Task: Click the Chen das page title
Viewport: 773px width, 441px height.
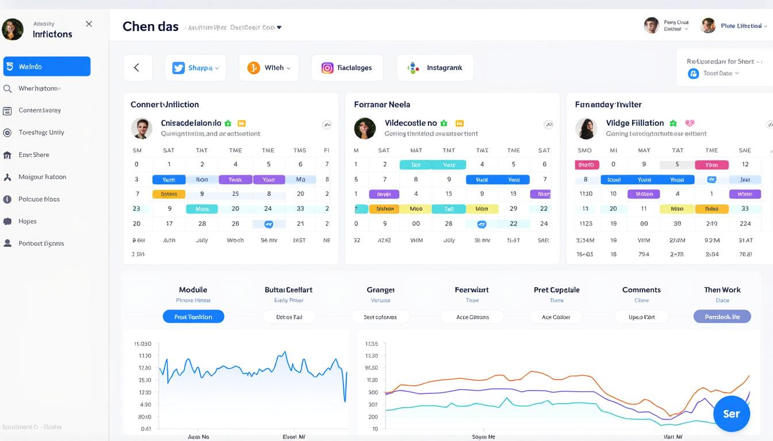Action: pyautogui.click(x=151, y=26)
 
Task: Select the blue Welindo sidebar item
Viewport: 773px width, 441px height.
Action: pyautogui.click(x=47, y=67)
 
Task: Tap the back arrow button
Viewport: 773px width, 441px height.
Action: pyautogui.click(x=137, y=68)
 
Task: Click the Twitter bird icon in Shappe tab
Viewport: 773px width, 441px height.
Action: pyautogui.click(x=178, y=68)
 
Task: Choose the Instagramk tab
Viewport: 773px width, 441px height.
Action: pyautogui.click(x=435, y=68)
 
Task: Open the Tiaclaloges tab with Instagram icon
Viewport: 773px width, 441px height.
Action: pyautogui.click(x=347, y=68)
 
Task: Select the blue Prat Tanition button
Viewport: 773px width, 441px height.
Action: pyautogui.click(x=193, y=316)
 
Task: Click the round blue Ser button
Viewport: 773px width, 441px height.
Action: pyautogui.click(x=731, y=413)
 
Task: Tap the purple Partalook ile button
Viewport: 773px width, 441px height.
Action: pyautogui.click(x=722, y=316)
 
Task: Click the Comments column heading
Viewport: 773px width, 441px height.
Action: pyautogui.click(x=641, y=290)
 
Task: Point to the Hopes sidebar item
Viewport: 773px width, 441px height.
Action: pyautogui.click(x=27, y=221)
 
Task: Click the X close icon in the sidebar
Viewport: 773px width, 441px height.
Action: pyautogui.click(x=89, y=24)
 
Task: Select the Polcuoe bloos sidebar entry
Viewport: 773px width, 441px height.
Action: pyautogui.click(x=39, y=199)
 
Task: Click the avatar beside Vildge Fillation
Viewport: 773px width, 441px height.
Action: pyautogui.click(x=586, y=129)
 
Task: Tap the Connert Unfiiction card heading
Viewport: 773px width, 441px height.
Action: pyautogui.click(x=164, y=105)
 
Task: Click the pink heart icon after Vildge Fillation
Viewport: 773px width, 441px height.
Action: pyautogui.click(x=690, y=123)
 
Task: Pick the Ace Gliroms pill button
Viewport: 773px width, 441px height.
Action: pyautogui.click(x=472, y=316)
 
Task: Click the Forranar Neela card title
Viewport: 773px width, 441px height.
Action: pyautogui.click(x=382, y=105)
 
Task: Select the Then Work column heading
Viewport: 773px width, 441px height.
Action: pyautogui.click(x=722, y=290)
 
